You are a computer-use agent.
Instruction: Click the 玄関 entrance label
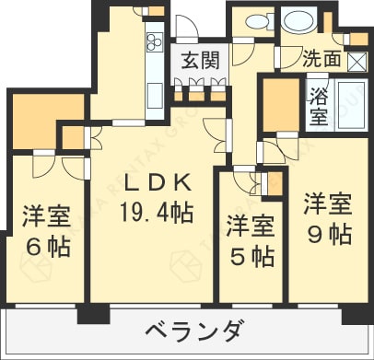pos(200,60)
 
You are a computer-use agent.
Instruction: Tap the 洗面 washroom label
pos(321,58)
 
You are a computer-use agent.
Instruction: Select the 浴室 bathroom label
pos(319,107)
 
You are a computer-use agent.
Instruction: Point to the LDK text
pos(158,183)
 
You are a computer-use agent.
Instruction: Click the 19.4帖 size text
pos(157,212)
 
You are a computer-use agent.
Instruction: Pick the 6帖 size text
pos(49,247)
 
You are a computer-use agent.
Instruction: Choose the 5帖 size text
pos(251,256)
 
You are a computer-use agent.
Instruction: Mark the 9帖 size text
pos(329,235)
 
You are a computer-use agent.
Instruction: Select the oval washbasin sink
pos(298,20)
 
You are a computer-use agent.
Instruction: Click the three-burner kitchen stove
pos(155,41)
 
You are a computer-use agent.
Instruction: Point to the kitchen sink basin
pos(155,96)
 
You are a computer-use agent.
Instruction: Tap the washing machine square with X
pos(358,62)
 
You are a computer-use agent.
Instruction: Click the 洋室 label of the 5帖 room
pos(251,226)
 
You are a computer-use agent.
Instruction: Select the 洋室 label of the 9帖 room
pos(328,203)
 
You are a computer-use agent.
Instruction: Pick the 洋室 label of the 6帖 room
pos(47,217)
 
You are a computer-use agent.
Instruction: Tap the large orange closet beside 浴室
pos(281,105)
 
